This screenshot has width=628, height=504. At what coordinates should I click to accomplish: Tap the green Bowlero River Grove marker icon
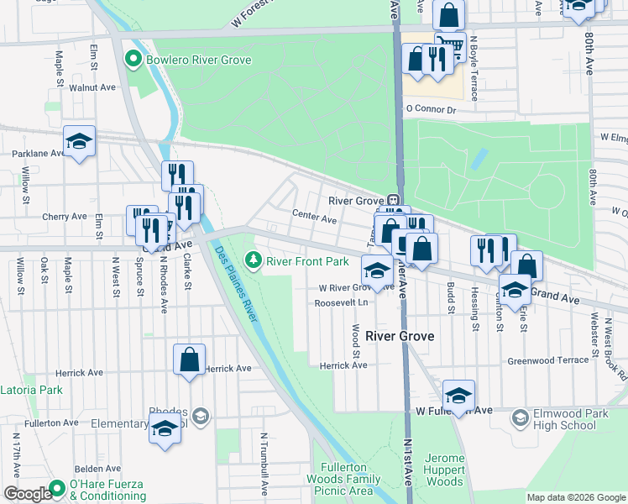click(131, 59)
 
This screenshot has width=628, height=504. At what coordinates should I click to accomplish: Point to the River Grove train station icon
click(392, 201)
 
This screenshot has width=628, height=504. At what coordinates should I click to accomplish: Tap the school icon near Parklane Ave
click(79, 142)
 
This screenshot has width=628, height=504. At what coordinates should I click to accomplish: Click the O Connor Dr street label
click(430, 109)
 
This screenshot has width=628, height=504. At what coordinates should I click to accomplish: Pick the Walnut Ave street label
click(92, 87)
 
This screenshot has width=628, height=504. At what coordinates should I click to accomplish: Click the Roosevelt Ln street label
click(342, 303)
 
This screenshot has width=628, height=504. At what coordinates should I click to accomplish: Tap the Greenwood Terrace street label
click(548, 360)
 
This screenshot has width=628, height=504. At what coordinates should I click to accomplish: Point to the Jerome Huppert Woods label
click(444, 470)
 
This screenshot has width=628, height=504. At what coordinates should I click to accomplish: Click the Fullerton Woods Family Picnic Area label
click(348, 479)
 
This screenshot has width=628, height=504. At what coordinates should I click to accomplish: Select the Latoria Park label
click(31, 390)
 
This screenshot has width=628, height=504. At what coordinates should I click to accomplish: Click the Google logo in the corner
click(27, 494)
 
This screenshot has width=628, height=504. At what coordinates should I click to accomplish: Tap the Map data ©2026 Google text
click(575, 497)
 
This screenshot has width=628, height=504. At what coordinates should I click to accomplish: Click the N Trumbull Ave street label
click(264, 462)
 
